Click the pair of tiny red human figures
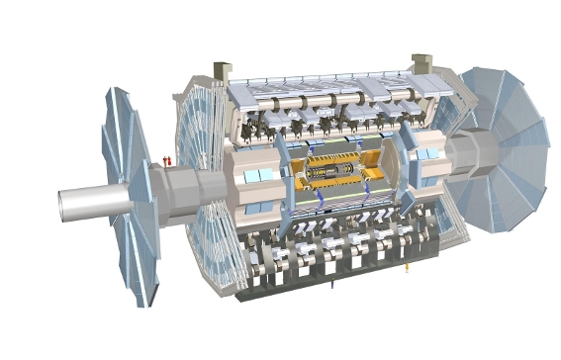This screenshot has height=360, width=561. (167, 158)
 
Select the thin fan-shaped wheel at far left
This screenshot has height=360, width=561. (129, 198)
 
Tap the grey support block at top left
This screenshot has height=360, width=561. (223, 71)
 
